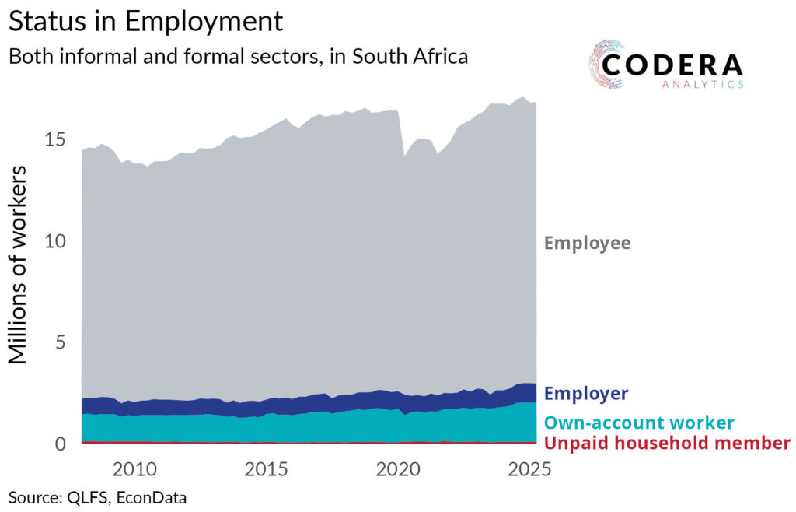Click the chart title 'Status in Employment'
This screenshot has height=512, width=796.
click(145, 21)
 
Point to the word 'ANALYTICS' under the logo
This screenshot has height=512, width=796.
click(703, 84)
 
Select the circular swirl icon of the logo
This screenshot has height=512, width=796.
click(606, 65)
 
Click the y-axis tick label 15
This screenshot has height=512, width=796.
click(55, 139)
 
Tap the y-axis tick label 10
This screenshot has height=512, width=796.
click(55, 240)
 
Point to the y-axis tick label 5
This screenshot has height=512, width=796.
click(61, 342)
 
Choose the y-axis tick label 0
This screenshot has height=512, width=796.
click(61, 444)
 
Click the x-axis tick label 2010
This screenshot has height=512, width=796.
click(134, 469)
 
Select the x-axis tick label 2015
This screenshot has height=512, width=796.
click(266, 469)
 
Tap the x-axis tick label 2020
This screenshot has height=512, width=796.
click(398, 469)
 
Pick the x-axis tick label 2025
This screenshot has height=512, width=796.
click(529, 469)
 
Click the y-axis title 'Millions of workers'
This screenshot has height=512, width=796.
click(17, 265)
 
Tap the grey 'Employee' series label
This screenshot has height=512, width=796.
click(588, 243)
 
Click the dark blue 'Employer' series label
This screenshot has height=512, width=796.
click(586, 393)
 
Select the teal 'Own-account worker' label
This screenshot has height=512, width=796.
click(639, 423)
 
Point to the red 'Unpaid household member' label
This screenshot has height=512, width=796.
click(667, 443)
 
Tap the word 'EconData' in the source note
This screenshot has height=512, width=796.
click(152, 497)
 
